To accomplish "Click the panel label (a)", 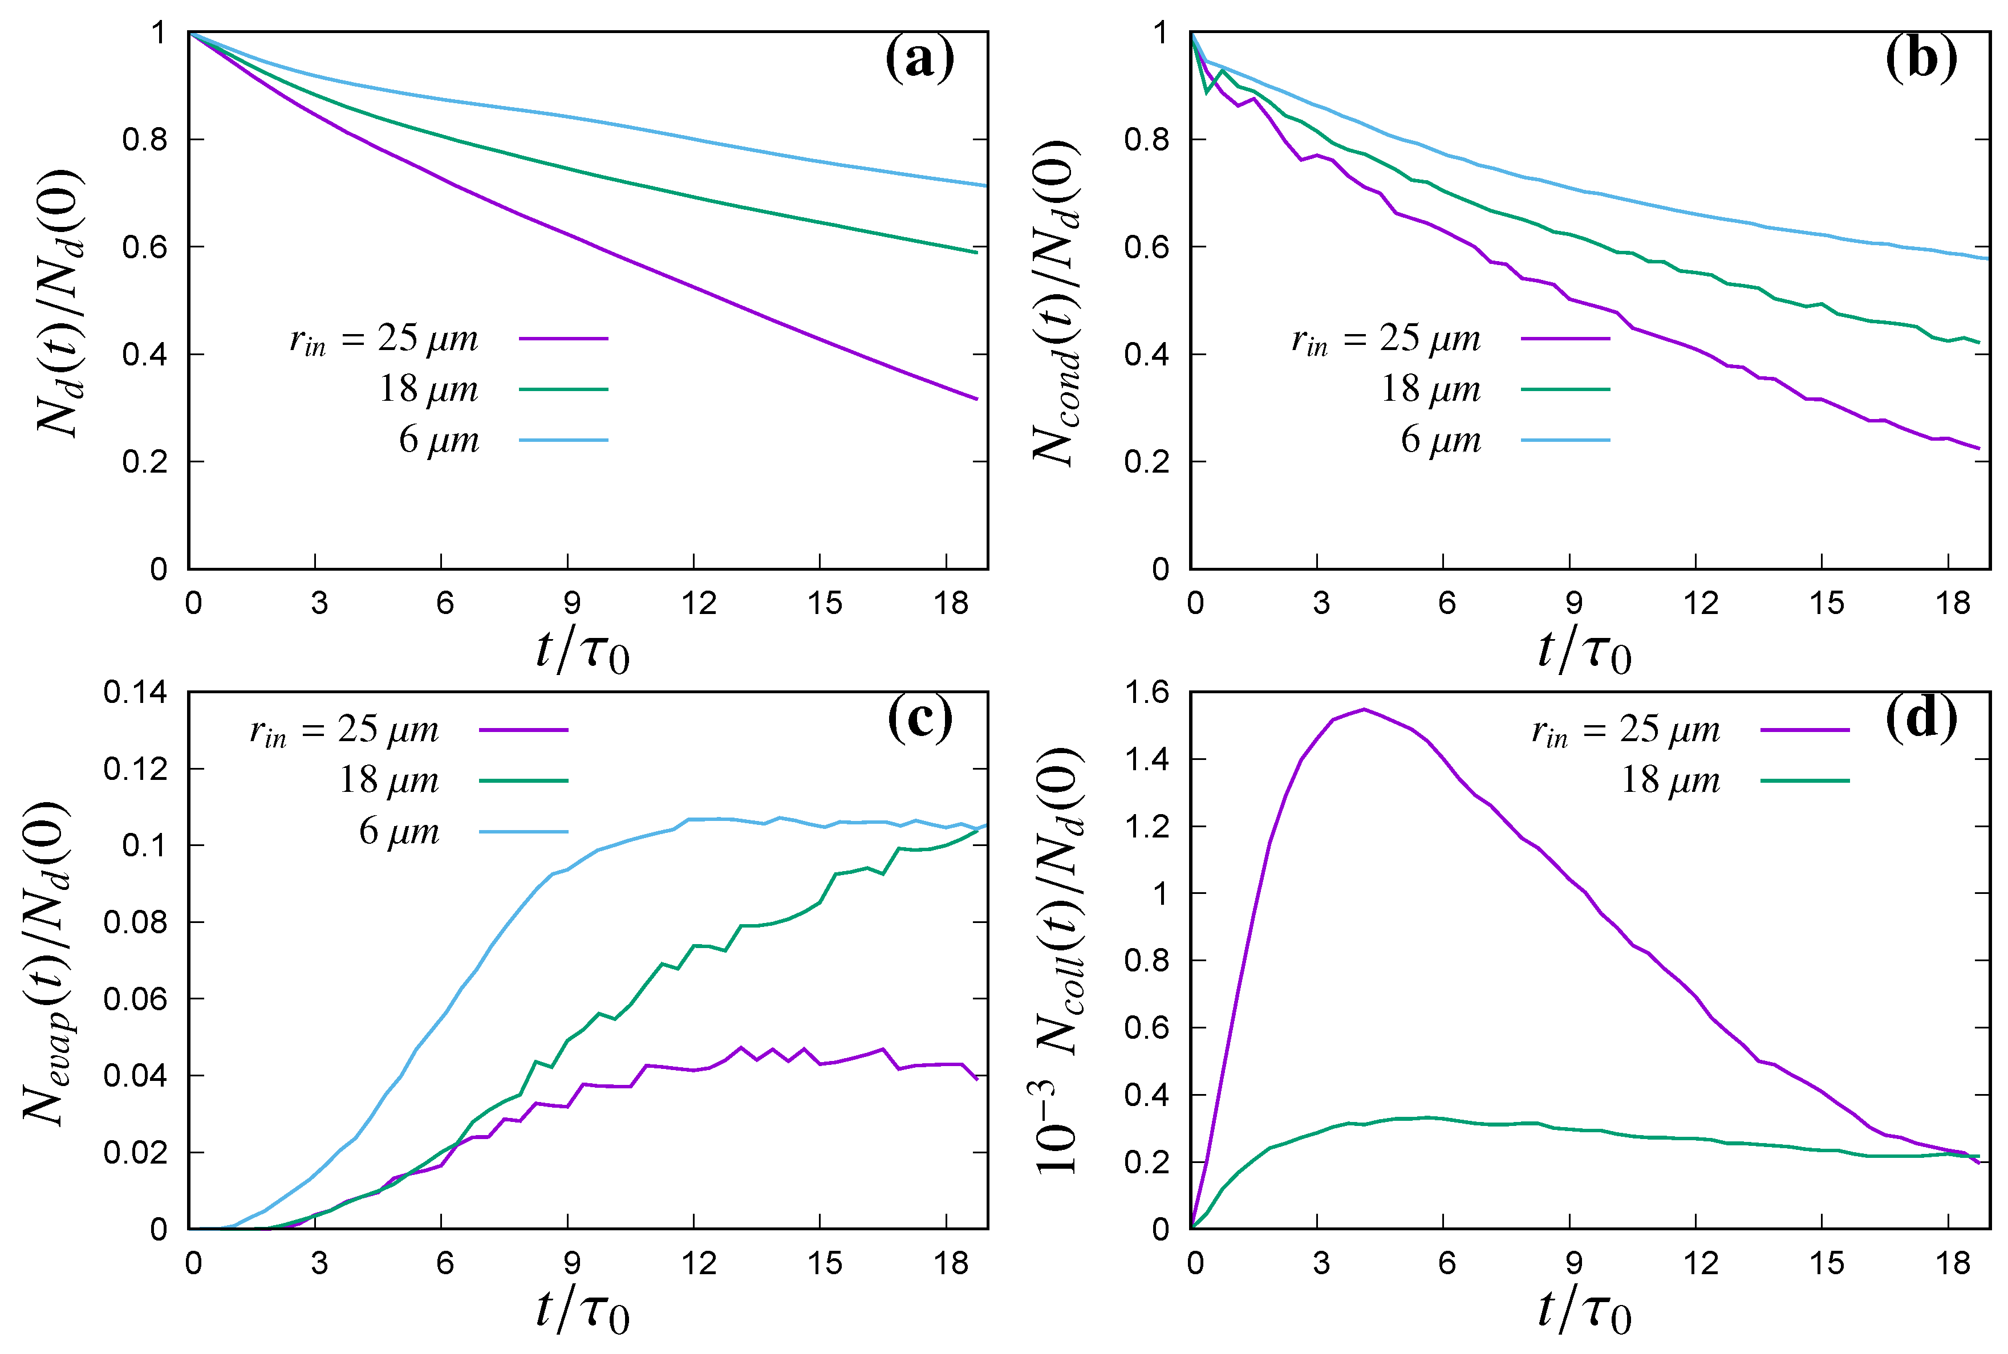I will coord(920,59).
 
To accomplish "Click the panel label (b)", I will coord(1921,59).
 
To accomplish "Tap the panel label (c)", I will coord(920,718).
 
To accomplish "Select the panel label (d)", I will coord(1921,718).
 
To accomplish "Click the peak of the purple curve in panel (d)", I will coord(1364,710).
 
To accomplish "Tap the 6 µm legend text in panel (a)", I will coord(438,440).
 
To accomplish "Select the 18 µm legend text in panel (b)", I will coord(1430,389).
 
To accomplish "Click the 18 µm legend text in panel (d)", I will coord(1669,780).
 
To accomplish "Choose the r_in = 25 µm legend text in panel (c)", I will coord(344,730).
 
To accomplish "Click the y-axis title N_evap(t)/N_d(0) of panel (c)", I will coord(45,963).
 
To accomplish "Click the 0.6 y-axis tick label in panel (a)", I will coord(144,247).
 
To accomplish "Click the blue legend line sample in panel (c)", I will coord(524,832).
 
